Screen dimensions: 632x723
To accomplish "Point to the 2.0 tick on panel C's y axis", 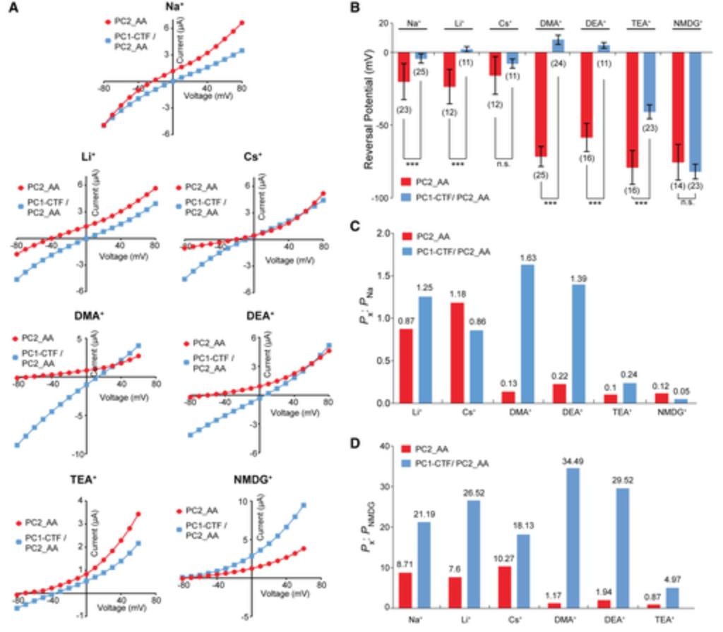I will pyautogui.click(x=384, y=232).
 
